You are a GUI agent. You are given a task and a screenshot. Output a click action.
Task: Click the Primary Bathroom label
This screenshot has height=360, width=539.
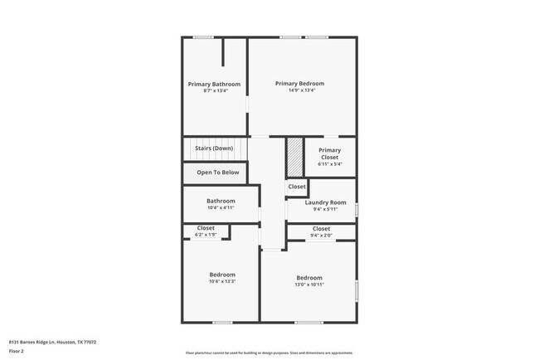[214, 84]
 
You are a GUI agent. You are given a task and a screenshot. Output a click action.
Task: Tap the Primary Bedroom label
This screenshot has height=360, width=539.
[299, 83]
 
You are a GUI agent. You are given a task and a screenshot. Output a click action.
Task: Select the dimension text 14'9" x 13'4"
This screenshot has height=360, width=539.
[299, 90]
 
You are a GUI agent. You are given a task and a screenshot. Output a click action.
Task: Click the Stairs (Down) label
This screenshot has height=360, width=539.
[214, 148]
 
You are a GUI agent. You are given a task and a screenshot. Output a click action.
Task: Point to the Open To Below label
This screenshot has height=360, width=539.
[217, 173]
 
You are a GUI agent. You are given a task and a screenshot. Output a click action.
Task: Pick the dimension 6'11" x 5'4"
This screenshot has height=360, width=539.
[329, 164]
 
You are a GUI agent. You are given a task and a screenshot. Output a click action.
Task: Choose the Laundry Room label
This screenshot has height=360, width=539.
[325, 202]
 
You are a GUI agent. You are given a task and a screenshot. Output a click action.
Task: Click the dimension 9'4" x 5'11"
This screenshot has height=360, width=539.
[325, 209]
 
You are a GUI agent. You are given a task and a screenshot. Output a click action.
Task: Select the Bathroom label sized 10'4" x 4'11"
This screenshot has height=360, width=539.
[221, 201]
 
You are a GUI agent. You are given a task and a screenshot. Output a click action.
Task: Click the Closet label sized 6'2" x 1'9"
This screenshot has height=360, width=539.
[206, 228]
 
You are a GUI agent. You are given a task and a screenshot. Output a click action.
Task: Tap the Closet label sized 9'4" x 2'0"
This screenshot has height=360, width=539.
[321, 229]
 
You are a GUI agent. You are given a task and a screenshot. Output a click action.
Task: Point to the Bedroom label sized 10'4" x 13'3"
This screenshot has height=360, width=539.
[221, 275]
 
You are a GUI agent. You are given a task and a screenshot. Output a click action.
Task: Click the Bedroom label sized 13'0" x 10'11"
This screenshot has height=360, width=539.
[309, 277]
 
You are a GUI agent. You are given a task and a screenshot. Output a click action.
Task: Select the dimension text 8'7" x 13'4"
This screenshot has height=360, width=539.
[214, 90]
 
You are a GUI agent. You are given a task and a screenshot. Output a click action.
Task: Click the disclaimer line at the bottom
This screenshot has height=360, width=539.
[269, 353]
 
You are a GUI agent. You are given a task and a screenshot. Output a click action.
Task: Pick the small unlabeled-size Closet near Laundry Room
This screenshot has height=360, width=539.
[297, 187]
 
